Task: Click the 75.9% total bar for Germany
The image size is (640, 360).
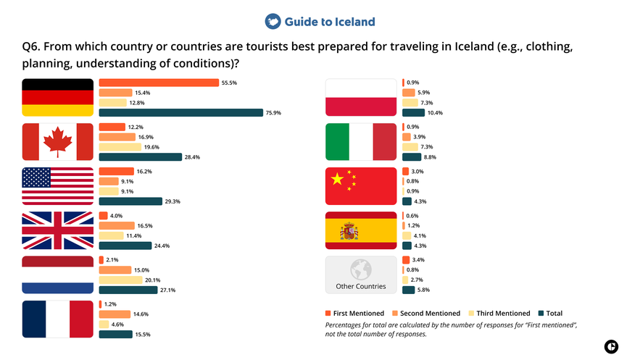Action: pos(180,112)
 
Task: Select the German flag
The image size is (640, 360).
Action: pos(57,97)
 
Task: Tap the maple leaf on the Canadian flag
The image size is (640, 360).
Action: pos(57,142)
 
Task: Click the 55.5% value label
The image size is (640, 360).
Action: pos(230,83)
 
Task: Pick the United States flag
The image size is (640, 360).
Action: pos(57,187)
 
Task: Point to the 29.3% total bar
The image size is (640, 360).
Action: pos(130,201)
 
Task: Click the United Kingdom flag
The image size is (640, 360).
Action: pos(57,231)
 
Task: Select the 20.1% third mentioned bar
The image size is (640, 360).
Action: pos(120,280)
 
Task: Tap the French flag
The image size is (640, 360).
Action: pos(57,319)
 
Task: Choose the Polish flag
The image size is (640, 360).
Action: pos(361,97)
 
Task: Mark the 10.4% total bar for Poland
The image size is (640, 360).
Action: pos(413,112)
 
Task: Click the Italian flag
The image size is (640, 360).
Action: pos(361,142)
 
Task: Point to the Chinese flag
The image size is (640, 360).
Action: pos(361,187)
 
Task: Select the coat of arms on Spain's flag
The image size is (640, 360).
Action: pos(349,232)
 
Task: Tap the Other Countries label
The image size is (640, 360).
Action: pos(361,286)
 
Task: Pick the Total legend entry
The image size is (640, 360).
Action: pos(550,313)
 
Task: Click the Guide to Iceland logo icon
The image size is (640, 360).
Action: pos(273,21)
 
